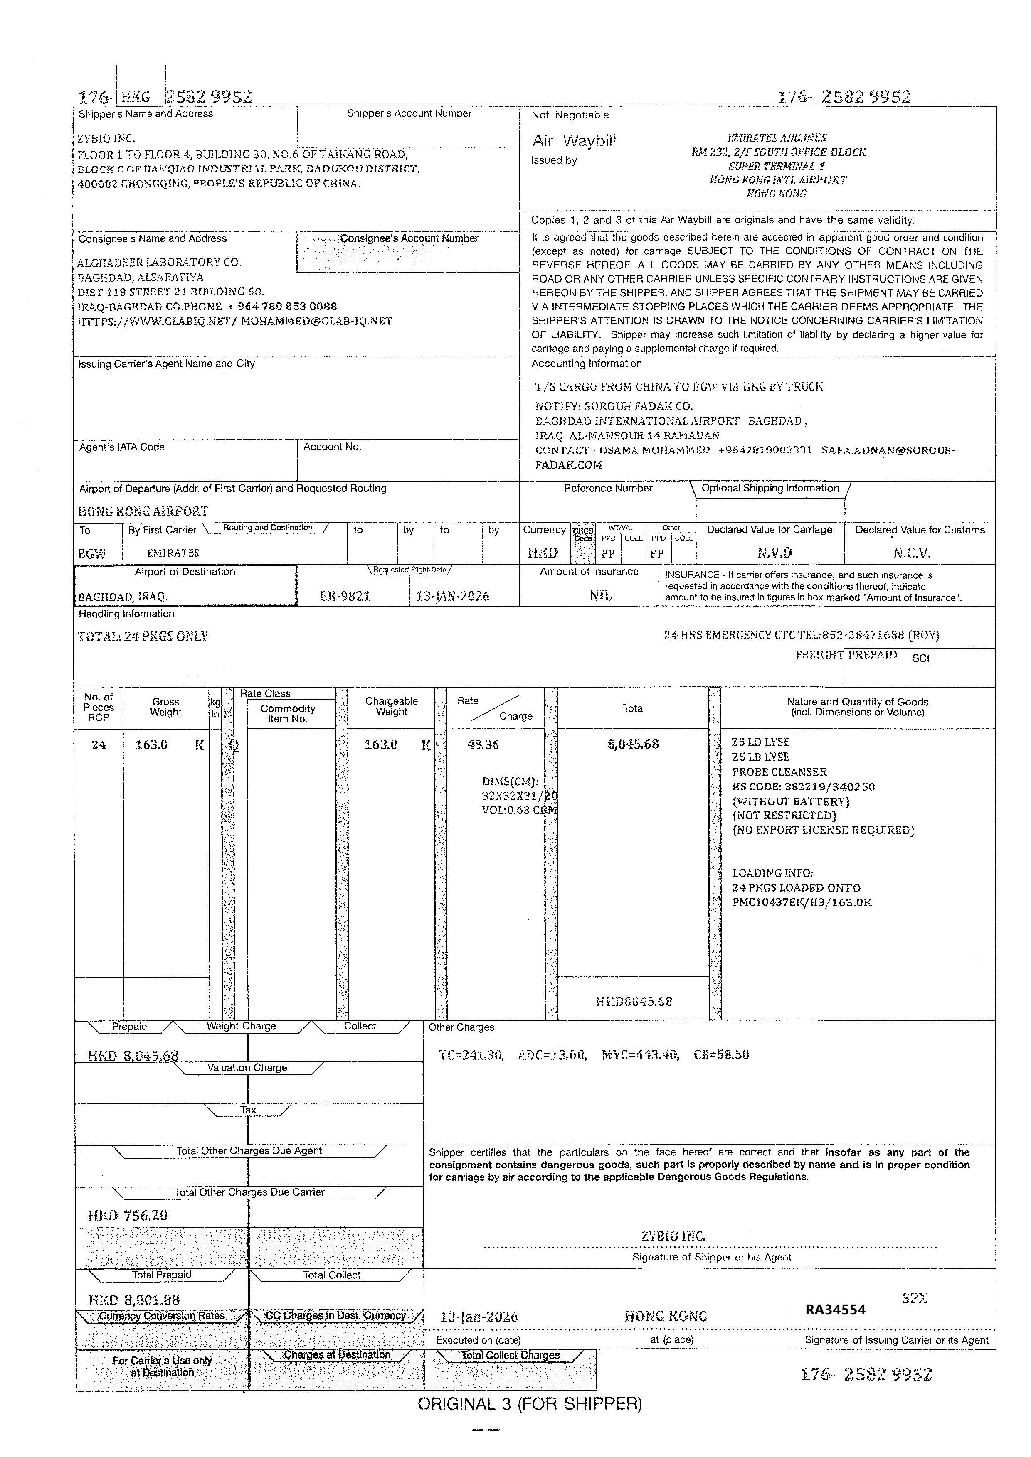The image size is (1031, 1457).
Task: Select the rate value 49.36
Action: coord(483,744)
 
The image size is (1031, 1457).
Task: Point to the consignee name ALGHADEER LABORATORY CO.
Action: coord(159,262)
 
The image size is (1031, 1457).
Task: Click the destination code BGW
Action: coord(92,553)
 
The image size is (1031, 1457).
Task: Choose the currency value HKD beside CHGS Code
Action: coord(543,553)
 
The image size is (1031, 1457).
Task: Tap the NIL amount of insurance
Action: coord(601,596)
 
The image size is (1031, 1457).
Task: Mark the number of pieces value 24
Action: coord(99,744)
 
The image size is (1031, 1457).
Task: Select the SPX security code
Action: coord(914,1298)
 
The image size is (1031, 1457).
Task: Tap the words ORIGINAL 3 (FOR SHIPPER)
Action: coord(530,1404)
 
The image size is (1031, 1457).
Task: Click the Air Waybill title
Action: coord(574,140)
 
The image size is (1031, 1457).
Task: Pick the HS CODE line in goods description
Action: coord(803,787)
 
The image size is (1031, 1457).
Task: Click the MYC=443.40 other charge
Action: coord(640,1055)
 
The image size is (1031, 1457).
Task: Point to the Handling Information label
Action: coord(126,614)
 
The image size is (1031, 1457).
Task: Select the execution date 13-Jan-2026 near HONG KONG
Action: coord(479,1317)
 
